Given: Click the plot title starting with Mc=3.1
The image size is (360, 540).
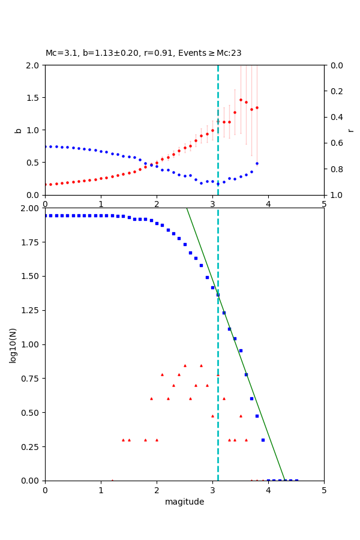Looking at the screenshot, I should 143,53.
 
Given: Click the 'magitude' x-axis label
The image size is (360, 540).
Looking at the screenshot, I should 184,502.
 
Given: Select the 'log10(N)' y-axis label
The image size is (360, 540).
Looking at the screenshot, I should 13,344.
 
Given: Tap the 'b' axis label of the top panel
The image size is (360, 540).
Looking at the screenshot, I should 18,130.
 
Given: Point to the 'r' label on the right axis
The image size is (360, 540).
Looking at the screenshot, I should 350,130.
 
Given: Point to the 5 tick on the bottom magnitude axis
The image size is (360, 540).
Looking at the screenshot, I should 324,490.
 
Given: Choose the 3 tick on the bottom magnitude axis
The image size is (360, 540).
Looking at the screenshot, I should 212,490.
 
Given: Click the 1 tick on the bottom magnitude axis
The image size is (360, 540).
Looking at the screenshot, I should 101,490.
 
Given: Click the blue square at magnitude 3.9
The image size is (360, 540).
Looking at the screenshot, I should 263,440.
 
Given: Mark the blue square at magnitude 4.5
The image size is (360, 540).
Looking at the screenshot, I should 296,481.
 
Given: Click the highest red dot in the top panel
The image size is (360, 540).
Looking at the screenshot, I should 241,100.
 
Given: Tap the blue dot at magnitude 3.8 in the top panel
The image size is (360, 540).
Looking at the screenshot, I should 257,163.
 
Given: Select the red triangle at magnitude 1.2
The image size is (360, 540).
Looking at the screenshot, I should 112,480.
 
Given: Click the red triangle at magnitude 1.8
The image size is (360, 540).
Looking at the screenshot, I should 145,440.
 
